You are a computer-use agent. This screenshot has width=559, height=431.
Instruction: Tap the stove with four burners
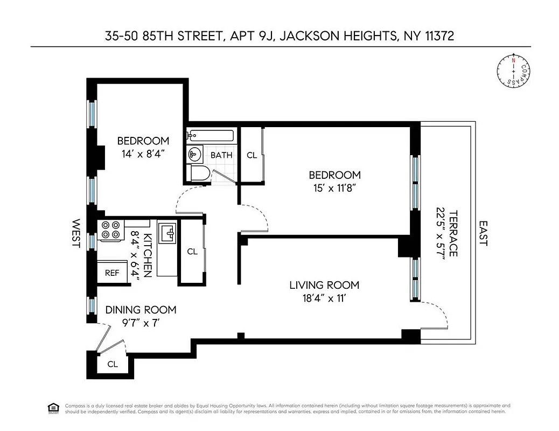tap(110, 231)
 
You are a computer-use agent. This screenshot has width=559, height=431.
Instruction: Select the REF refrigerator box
tap(112, 273)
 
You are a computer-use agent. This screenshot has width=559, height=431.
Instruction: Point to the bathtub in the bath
tap(211, 136)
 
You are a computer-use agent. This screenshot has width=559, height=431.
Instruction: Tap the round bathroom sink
tap(194, 155)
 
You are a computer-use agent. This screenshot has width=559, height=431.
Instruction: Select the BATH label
tap(221, 155)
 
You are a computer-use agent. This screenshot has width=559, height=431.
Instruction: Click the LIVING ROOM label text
tap(324, 285)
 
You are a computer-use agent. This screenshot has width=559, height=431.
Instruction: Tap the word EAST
tap(483, 233)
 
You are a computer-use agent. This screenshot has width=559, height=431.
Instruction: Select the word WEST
tap(76, 233)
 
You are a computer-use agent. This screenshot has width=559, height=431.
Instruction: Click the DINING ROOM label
tap(141, 310)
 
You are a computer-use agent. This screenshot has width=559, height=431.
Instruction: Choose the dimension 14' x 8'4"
tap(143, 154)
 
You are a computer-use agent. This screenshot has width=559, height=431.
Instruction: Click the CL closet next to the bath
tap(251, 155)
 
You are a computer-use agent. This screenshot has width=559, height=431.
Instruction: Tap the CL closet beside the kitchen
tap(192, 252)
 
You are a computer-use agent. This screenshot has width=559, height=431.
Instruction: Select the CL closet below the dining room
tap(112, 364)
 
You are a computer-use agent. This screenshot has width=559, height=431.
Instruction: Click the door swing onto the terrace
tap(436, 315)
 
